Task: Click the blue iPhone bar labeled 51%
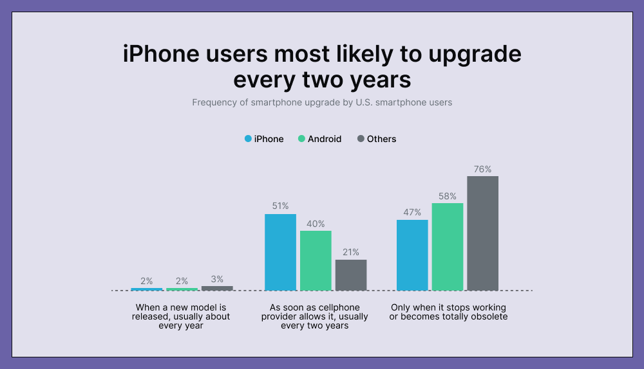pos(280,252)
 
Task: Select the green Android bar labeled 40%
pos(316,260)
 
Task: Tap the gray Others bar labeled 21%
pos(351,275)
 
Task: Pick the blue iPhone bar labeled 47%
pos(412,255)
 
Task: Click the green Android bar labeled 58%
pos(448,246)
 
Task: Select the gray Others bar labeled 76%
pos(482,233)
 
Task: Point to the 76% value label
pos(483,170)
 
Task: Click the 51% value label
pos(280,206)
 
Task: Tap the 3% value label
pos(217,280)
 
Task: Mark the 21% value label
pos(351,252)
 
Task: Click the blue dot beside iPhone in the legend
pos(247,139)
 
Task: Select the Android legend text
pos(325,139)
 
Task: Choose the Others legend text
pos(381,139)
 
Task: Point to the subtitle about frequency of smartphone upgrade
pos(322,102)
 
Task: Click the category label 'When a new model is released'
pos(181,316)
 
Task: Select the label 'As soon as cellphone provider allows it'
pos(315,316)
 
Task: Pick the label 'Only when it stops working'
pos(448,312)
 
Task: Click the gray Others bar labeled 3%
pos(217,288)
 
